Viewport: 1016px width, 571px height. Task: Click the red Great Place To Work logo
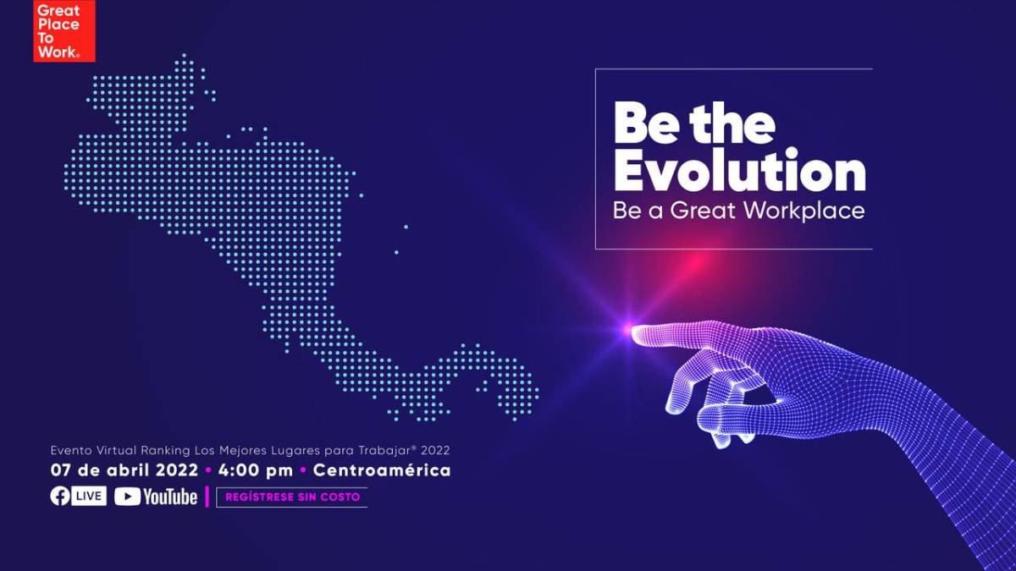point(64,30)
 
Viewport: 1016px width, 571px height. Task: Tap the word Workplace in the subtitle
point(804,211)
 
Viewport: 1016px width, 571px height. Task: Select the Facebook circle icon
point(60,497)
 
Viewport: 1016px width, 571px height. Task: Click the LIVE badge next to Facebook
point(89,497)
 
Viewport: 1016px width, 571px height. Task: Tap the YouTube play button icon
point(127,497)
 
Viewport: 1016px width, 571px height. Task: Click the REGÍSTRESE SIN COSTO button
point(291,497)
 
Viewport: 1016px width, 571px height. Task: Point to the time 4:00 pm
point(256,470)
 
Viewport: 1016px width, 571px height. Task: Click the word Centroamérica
point(382,470)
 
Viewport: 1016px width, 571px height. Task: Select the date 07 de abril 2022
point(124,470)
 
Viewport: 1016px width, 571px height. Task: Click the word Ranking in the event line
point(165,450)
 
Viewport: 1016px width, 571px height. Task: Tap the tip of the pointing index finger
point(632,332)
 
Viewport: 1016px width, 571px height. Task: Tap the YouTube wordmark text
point(170,497)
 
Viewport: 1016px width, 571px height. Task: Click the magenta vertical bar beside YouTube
point(207,497)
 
